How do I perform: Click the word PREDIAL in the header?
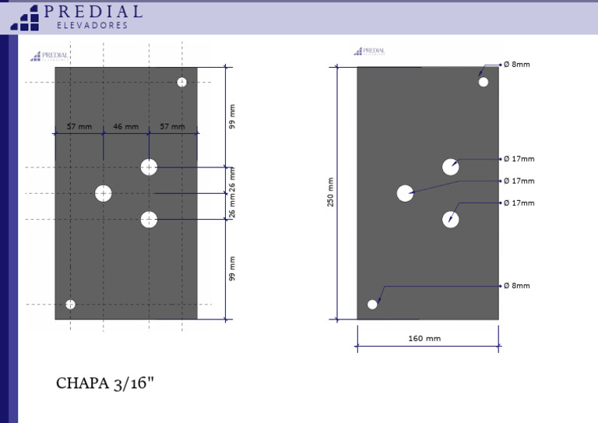tap(93, 12)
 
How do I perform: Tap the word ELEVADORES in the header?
tap(93, 26)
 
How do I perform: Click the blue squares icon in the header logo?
tap(25, 18)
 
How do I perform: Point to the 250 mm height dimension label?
tap(330, 192)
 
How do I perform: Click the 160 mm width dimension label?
tap(424, 339)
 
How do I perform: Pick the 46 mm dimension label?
tap(125, 126)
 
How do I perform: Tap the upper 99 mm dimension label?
tap(232, 117)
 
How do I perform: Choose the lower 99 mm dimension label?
tap(232, 268)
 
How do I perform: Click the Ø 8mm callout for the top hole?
tap(516, 65)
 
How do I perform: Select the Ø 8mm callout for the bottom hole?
tap(516, 286)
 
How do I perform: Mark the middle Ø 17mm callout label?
tap(519, 181)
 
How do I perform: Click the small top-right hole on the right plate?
tap(484, 82)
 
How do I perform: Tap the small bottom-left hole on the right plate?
tap(372, 304)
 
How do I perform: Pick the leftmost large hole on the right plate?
tap(405, 193)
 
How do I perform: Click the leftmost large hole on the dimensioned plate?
tap(104, 193)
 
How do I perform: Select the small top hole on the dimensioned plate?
tap(181, 82)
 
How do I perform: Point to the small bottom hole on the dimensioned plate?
tap(70, 304)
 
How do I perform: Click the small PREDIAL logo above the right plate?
tap(369, 51)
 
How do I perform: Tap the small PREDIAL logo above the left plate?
tap(49, 56)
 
